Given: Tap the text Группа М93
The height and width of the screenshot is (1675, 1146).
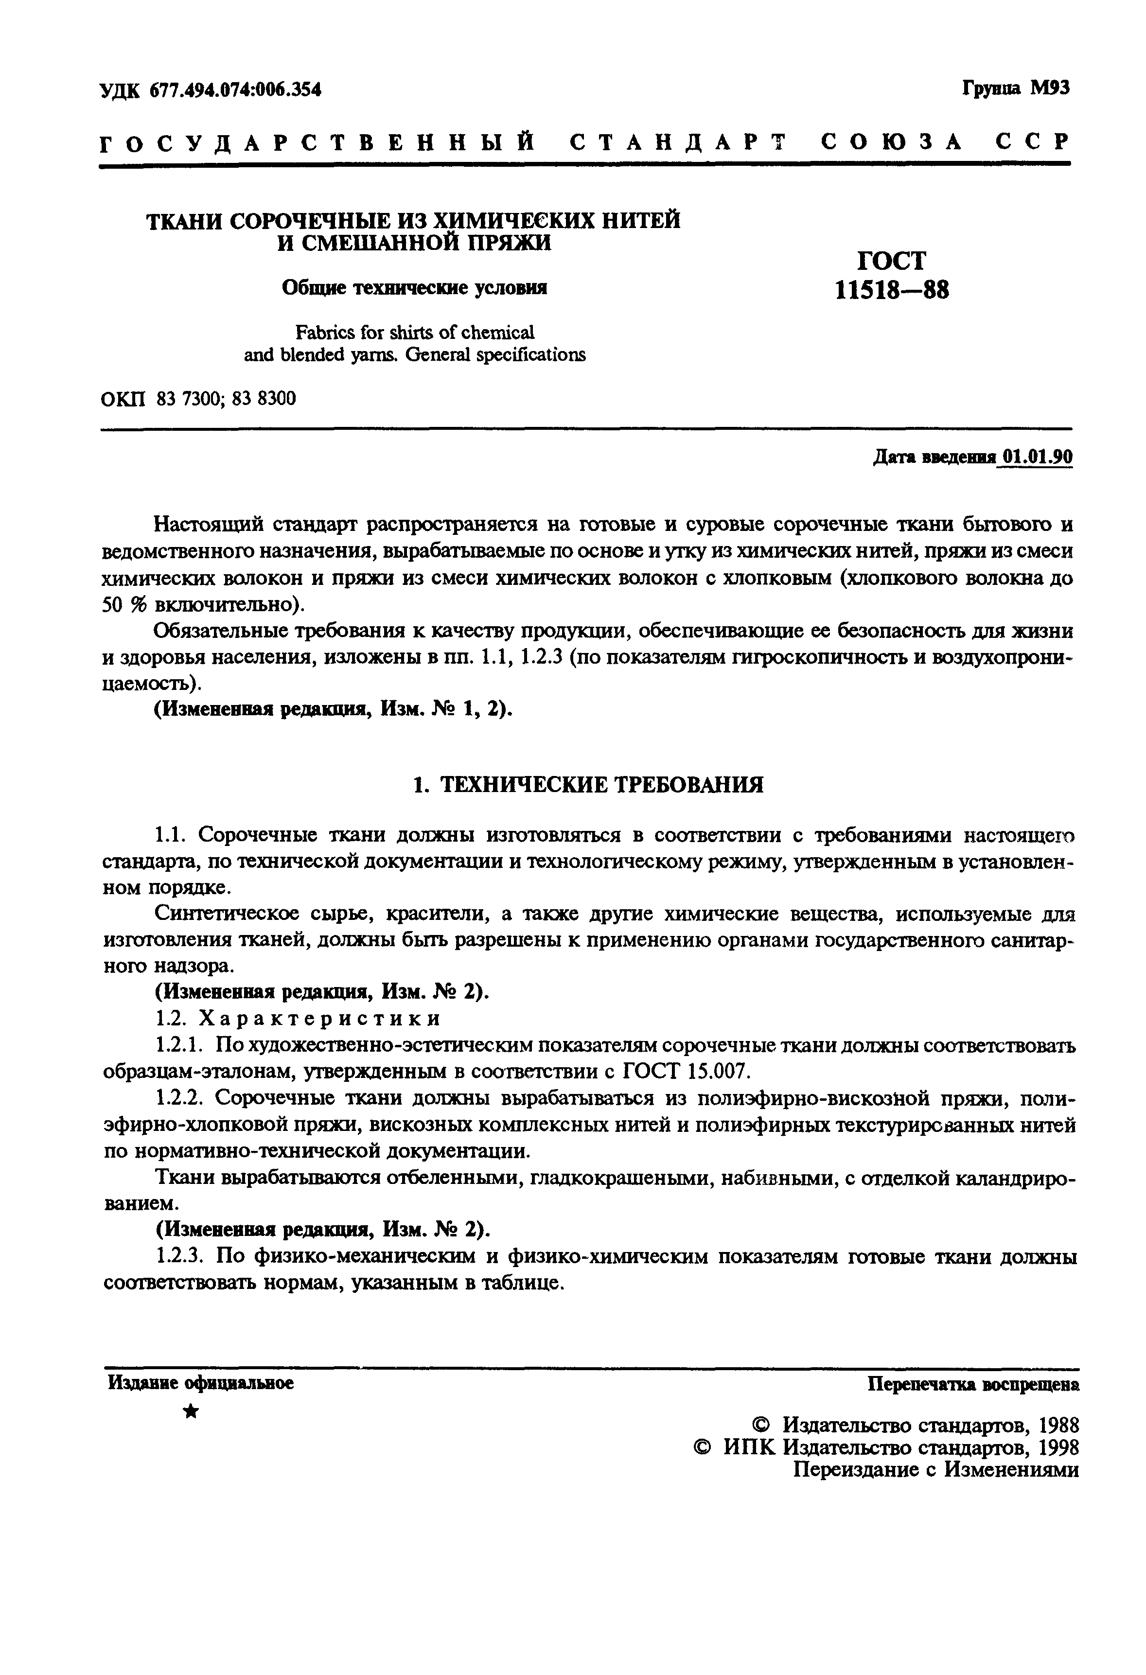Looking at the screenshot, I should (x=1016, y=88).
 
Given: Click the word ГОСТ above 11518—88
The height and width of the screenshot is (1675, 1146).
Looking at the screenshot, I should (x=892, y=260).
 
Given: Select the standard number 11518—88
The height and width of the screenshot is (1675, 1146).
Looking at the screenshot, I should (x=892, y=290).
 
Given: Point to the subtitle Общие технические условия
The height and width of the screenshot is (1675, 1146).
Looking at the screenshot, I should (x=414, y=287).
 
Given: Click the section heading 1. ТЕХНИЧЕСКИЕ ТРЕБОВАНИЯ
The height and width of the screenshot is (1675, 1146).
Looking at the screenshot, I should (x=587, y=785).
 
